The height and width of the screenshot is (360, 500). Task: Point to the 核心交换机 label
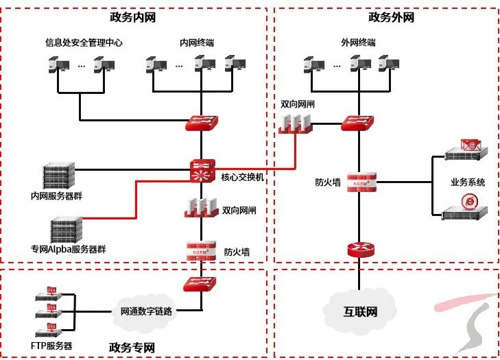tap(242, 178)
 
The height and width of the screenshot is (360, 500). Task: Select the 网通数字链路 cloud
tap(146, 311)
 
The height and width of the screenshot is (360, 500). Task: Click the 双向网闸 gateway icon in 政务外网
tap(296, 123)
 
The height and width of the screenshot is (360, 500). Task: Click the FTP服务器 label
tap(51, 346)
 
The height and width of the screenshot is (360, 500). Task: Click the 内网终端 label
tap(197, 43)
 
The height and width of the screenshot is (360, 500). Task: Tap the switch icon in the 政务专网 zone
tap(200, 284)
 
